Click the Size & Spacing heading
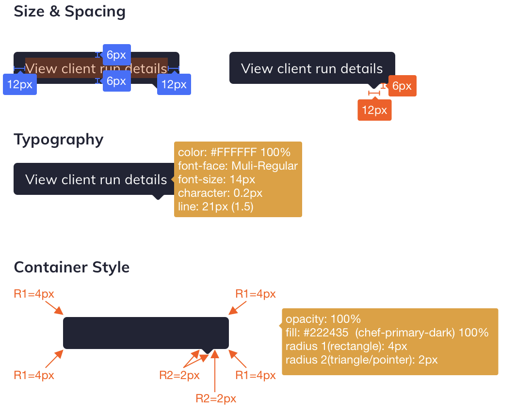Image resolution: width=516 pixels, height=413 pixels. pyautogui.click(x=69, y=12)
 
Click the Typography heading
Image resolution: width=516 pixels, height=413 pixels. pyautogui.click(x=59, y=140)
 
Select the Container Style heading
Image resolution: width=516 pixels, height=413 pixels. pyautogui.click(x=71, y=267)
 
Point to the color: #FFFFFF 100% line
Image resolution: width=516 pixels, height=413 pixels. pyautogui.click(x=234, y=152)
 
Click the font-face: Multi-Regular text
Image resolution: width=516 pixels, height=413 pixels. pyautogui.click(x=238, y=166)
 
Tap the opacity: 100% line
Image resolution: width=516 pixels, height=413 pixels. pyautogui.click(x=323, y=319)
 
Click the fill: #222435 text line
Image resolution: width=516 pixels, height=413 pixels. pyautogui.click(x=387, y=333)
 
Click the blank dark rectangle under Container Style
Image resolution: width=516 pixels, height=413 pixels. pyautogui.click(x=145, y=333)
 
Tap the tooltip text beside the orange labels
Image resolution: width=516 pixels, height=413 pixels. pyautogui.click(x=312, y=68)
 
